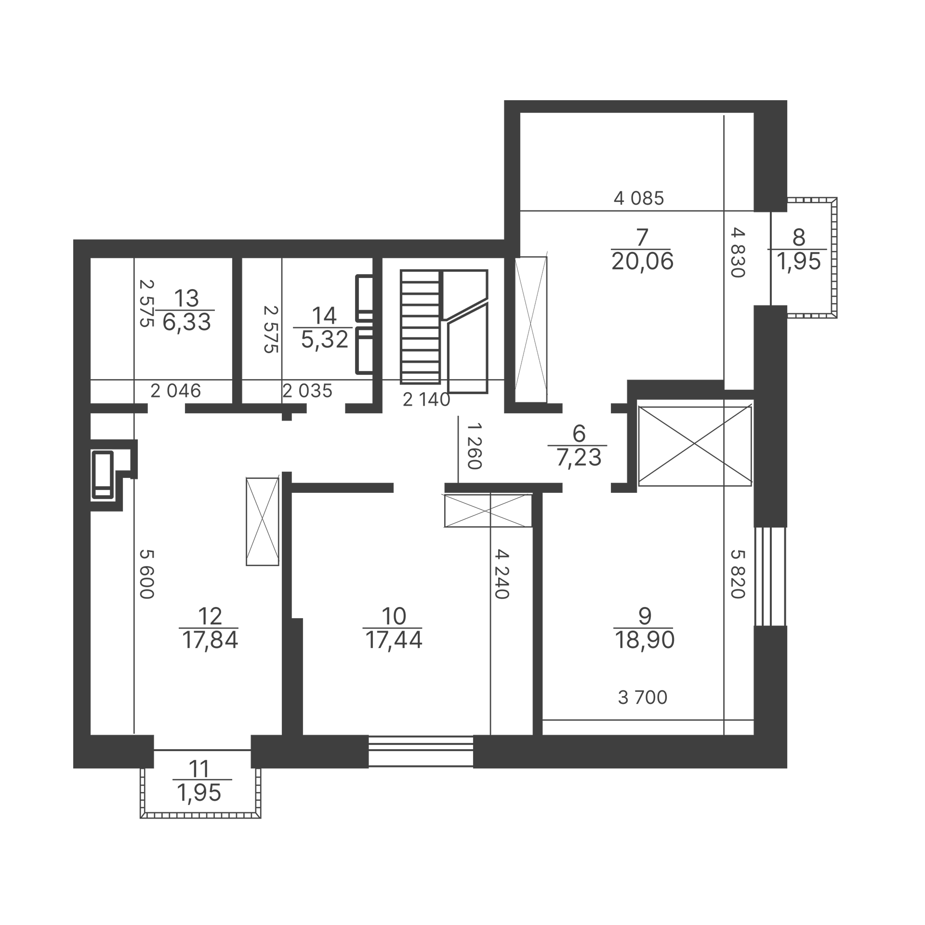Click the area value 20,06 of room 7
642,262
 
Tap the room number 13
186,298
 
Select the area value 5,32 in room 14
324,340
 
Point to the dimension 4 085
639,198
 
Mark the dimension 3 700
642,697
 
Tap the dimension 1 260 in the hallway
475,446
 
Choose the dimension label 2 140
426,399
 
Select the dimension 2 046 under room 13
175,391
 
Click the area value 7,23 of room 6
579,458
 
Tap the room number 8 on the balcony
798,237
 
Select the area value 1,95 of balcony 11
199,793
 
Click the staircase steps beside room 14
420,327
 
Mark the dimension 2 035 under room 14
307,391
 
